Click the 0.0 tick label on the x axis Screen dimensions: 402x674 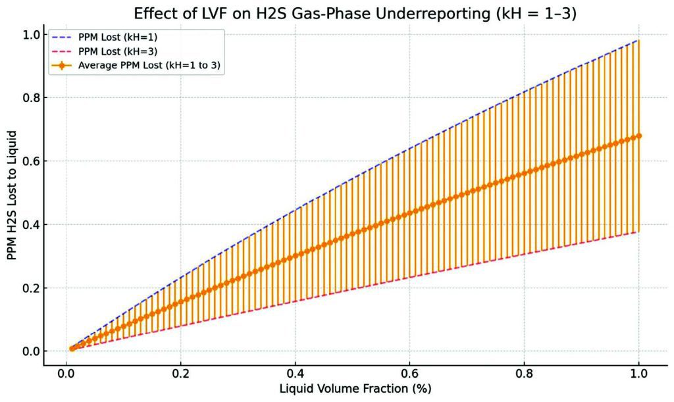click(66, 372)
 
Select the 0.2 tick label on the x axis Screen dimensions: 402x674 click(180, 372)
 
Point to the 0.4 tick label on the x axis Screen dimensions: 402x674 click(295, 372)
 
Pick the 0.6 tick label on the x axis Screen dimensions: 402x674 click(409, 372)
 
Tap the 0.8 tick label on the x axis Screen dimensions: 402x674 click(524, 372)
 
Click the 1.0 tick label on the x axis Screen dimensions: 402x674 click(638, 372)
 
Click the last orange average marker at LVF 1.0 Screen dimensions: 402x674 click(638, 136)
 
